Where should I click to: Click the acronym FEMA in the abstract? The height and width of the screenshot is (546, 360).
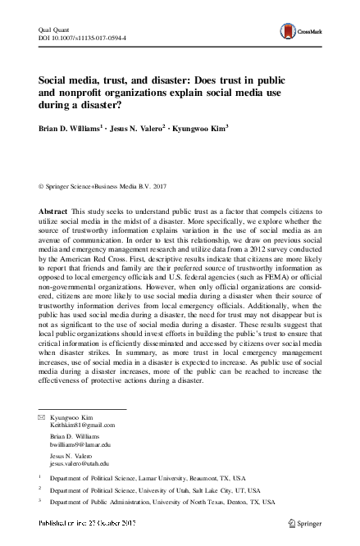(x=253, y=285)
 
